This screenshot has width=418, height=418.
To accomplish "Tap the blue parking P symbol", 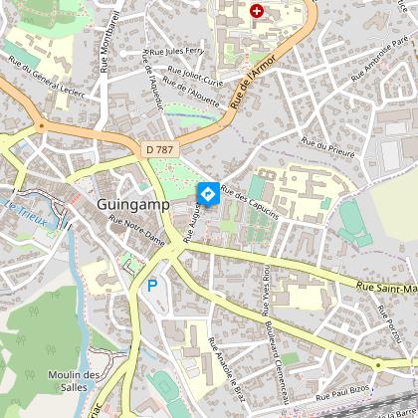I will coord(152,285).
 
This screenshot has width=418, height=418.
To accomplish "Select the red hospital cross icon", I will coord(258,11).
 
